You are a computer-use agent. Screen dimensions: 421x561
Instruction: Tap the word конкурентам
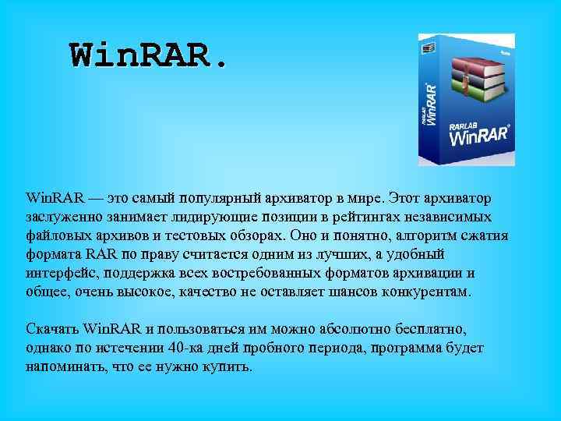[x=432, y=292]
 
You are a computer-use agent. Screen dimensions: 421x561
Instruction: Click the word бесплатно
[x=421, y=327]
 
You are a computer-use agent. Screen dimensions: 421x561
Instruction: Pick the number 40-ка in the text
[x=185, y=347]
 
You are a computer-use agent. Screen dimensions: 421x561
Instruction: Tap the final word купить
[x=227, y=366]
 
